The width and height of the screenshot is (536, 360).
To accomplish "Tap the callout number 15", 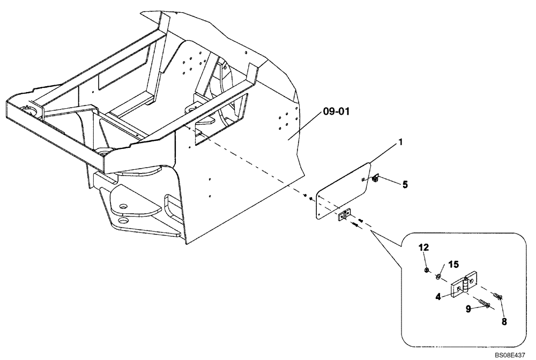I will [453, 265].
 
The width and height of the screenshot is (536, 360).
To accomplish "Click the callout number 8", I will [503, 322].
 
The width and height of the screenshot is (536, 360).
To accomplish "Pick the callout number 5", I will [405, 185].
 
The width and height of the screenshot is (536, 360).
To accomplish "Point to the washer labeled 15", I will [438, 276].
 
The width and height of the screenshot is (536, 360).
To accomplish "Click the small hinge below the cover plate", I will [343, 216].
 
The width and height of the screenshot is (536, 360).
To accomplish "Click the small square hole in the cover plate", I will [363, 179].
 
